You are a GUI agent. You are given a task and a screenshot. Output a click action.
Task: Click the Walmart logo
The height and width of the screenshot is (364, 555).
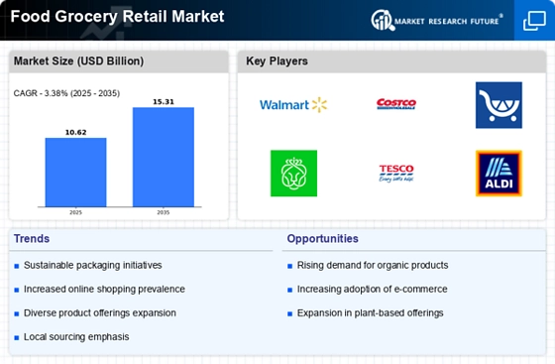tap(293, 105)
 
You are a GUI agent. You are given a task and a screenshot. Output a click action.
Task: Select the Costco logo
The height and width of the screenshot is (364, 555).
tap(396, 104)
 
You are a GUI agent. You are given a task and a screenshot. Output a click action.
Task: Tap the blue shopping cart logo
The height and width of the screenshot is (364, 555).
tap(499, 105)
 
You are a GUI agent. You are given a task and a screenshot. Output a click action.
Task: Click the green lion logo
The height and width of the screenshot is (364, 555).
tap(293, 174)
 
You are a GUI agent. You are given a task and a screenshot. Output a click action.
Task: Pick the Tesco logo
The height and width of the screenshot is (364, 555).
tap(396, 174)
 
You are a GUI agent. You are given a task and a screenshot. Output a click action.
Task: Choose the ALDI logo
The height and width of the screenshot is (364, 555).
tap(499, 174)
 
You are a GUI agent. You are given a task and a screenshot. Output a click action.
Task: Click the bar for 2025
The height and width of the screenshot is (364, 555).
tap(75, 173)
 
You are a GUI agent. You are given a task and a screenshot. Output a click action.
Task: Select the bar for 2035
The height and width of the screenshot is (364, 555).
tap(164, 158)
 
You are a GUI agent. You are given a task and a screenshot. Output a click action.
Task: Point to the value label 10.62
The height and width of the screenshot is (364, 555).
tap(75, 133)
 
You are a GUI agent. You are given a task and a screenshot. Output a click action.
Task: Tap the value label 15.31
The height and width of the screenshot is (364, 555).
tap(164, 102)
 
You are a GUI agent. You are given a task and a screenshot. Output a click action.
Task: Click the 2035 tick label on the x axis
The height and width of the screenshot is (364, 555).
tap(164, 212)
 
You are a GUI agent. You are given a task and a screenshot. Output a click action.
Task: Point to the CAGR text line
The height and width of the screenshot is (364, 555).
tap(66, 93)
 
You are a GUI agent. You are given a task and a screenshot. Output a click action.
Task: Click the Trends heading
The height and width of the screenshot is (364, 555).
tap(32, 239)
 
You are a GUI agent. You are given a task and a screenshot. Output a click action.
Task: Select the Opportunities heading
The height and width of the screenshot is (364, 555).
tap(322, 239)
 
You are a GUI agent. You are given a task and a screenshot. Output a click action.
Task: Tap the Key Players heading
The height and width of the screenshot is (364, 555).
tap(277, 61)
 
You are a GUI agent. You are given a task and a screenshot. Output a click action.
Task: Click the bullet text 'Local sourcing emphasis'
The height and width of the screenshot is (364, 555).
tap(76, 337)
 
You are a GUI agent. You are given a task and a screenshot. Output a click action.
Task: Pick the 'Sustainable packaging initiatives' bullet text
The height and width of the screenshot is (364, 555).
tap(93, 265)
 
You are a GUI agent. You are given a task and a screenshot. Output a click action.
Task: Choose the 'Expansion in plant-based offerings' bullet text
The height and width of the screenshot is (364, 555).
tap(370, 313)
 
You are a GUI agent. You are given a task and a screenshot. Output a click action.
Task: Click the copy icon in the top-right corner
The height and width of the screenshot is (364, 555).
tap(534, 21)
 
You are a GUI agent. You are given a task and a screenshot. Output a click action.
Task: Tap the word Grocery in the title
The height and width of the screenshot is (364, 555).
tap(86, 17)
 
